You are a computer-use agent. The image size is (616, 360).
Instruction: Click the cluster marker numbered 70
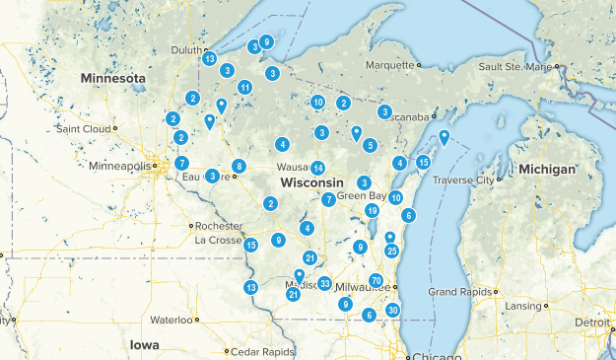click(x=376, y=281)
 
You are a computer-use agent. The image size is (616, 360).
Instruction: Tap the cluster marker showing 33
click(x=324, y=284)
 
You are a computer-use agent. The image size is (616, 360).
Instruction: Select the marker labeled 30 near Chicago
click(x=393, y=310)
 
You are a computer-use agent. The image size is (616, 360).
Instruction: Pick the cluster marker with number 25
click(x=392, y=252)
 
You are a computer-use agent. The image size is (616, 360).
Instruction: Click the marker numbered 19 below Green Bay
click(x=372, y=210)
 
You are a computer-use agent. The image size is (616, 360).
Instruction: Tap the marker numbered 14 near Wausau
click(x=317, y=169)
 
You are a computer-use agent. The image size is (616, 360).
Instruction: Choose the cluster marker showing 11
click(x=244, y=87)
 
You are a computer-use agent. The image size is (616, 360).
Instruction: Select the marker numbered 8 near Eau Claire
click(x=239, y=166)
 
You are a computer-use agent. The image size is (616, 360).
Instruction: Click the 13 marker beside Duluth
click(x=210, y=59)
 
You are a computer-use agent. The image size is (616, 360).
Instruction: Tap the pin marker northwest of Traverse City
click(x=445, y=137)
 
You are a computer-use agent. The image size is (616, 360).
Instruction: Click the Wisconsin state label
click(x=310, y=183)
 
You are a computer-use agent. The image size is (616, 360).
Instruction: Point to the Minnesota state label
click(x=113, y=77)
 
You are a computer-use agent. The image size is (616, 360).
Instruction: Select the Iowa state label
click(x=144, y=344)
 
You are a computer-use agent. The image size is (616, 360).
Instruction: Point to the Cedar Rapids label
click(x=261, y=351)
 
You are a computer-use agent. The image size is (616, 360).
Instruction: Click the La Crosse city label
click(x=218, y=240)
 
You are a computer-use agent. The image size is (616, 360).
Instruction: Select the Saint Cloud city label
click(x=87, y=128)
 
